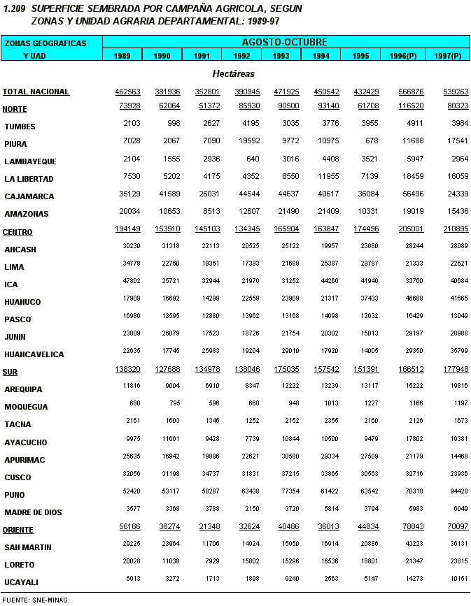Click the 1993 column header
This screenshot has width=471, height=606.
point(281,55)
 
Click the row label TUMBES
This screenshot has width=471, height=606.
point(20,127)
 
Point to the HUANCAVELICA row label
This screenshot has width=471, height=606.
point(34,354)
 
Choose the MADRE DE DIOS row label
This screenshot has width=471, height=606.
point(33,512)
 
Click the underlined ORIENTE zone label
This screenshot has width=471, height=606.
point(18,529)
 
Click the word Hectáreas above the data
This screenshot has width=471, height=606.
point(233,73)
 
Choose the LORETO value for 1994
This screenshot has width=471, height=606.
point(321,565)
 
